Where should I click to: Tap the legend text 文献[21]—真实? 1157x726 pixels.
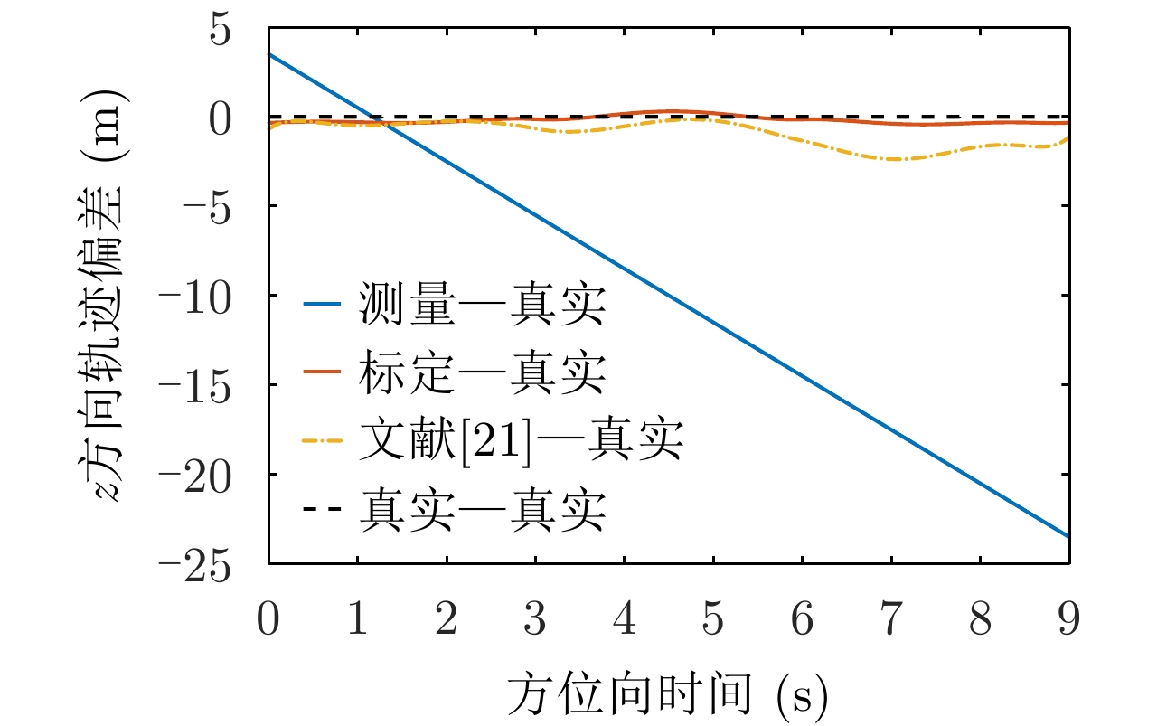coord(520,441)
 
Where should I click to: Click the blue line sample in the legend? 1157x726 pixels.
coord(322,307)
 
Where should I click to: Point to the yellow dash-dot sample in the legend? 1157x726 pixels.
coord(322,441)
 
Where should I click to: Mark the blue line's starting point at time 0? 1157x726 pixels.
coord(269,54)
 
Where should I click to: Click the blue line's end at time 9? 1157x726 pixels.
coord(1069,537)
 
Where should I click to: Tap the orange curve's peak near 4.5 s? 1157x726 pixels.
coord(671,111)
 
